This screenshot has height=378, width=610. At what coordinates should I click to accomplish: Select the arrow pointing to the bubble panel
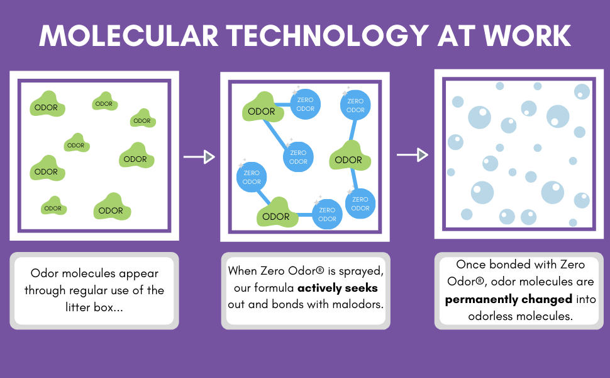pos(413,154)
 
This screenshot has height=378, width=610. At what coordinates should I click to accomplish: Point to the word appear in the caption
pos(136,274)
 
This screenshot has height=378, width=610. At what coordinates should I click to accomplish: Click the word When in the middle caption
pos(243,272)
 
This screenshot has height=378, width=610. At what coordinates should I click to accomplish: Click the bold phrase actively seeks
pos(338,288)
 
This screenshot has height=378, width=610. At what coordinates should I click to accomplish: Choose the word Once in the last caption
pos(470,265)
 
